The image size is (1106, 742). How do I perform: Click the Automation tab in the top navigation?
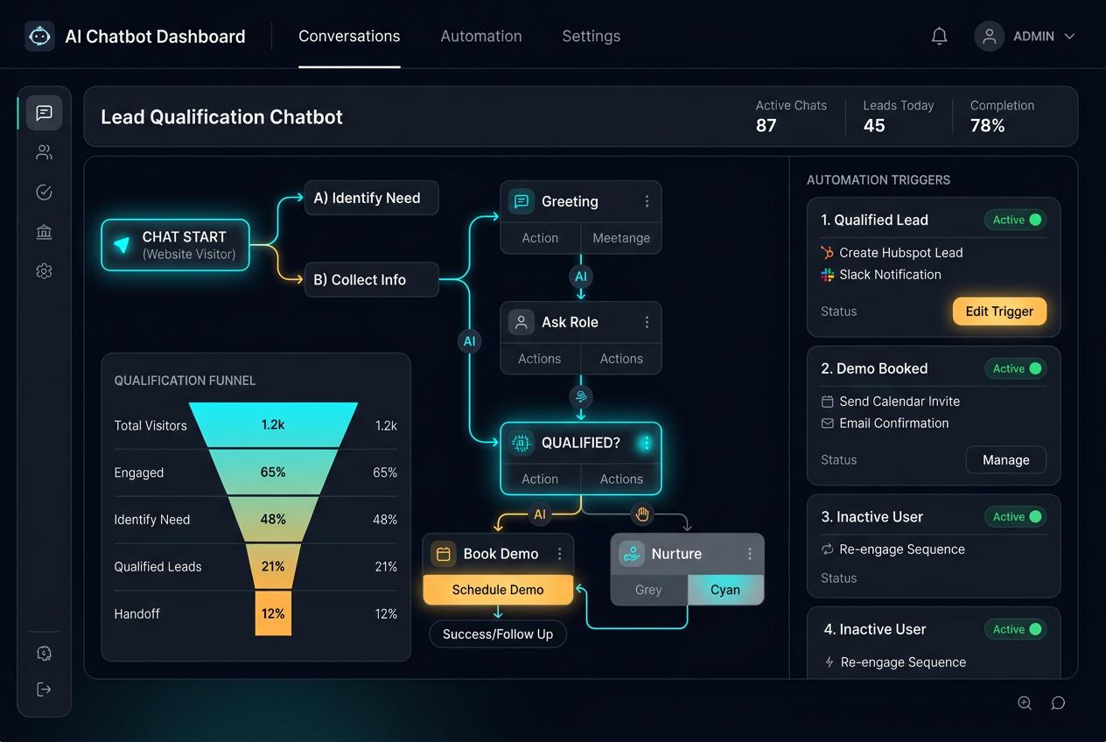pyautogui.click(x=481, y=36)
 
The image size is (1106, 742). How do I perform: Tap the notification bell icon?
pyautogui.click(x=939, y=36)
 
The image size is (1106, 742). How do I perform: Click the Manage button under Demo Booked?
pyautogui.click(x=1005, y=459)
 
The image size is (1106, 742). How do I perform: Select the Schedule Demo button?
pyautogui.click(x=498, y=590)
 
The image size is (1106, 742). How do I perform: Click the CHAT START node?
pyautogui.click(x=175, y=245)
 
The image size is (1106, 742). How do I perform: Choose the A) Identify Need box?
pyautogui.click(x=371, y=198)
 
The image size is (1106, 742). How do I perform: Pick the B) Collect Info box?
pyautogui.click(x=371, y=279)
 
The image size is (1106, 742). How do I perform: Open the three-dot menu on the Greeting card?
pyautogui.click(x=647, y=201)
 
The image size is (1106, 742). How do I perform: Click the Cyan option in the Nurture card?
pyautogui.click(x=725, y=590)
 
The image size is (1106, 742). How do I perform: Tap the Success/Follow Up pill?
pyautogui.click(x=498, y=633)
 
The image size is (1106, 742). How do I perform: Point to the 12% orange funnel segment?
pyautogui.click(x=273, y=613)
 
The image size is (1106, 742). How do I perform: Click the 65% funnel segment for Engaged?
pyautogui.click(x=273, y=472)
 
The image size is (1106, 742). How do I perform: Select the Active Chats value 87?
pyautogui.click(x=766, y=125)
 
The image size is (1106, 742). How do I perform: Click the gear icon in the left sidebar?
pyautogui.click(x=44, y=271)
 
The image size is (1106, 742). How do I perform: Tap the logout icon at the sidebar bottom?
pyautogui.click(x=44, y=689)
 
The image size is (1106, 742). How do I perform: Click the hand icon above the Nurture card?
pyautogui.click(x=642, y=514)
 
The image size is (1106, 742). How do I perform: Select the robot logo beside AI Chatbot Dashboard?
pyautogui.click(x=39, y=36)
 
